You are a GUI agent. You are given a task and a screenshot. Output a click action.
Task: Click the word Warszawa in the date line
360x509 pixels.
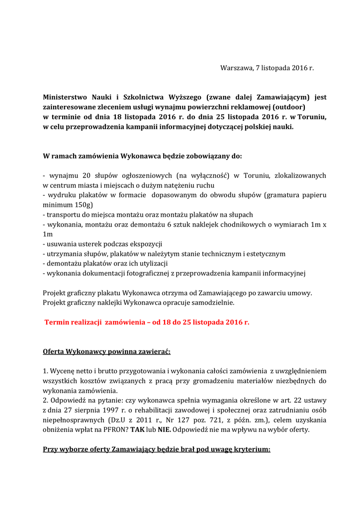tap(236, 68)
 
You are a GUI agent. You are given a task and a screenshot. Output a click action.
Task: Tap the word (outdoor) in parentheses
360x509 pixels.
tap(288, 107)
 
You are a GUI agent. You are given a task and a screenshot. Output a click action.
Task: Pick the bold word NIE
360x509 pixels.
tap(164, 429)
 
